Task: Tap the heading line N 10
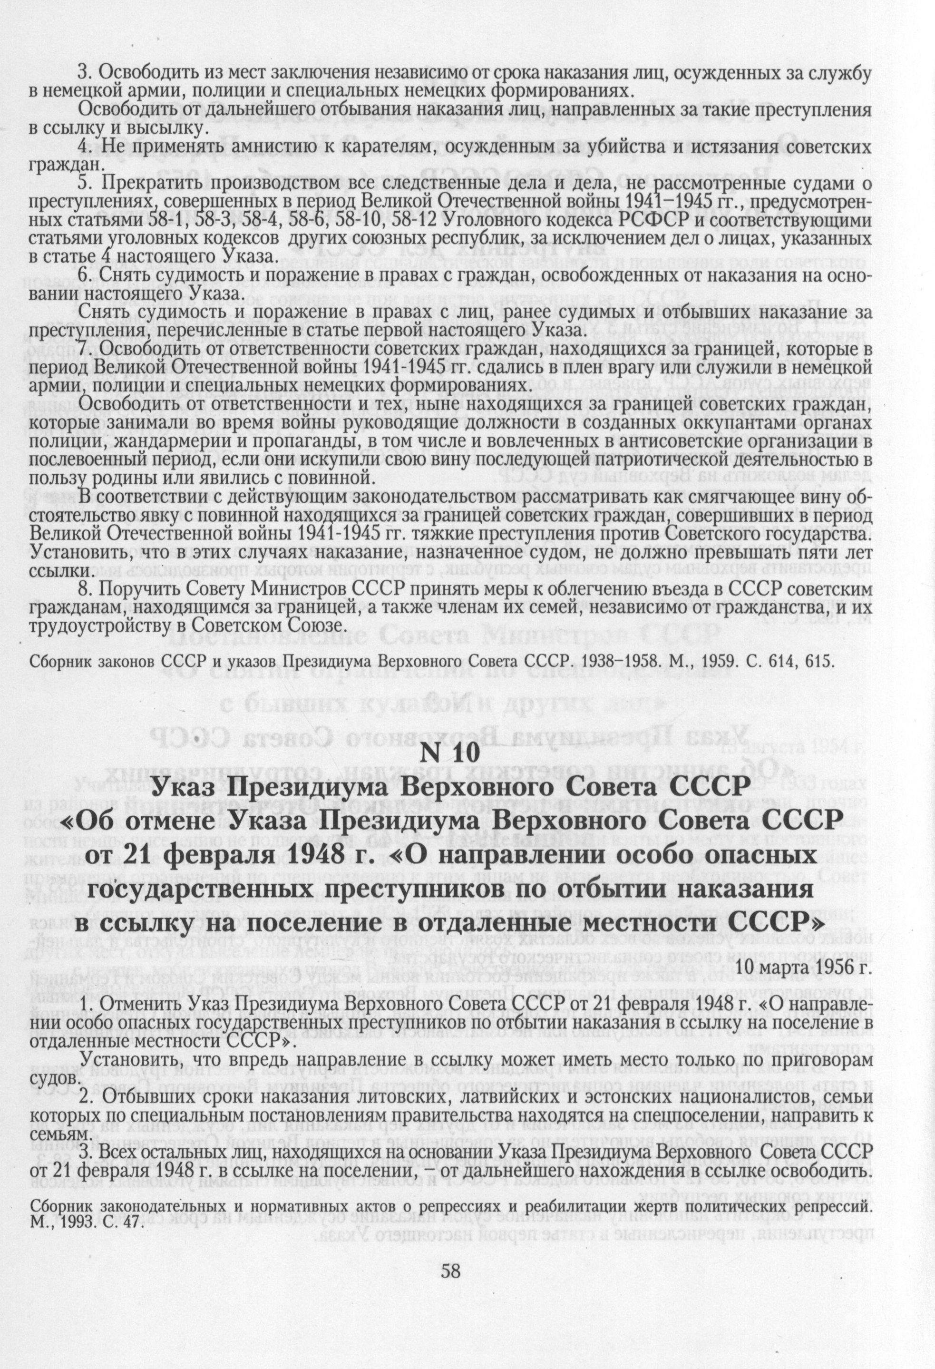450,756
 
